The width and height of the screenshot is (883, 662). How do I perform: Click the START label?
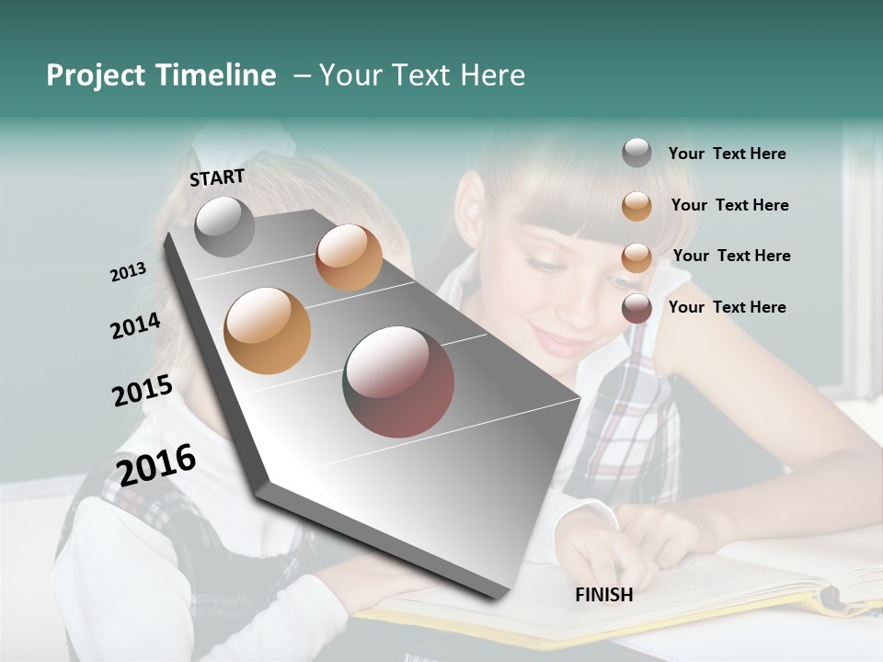[217, 177]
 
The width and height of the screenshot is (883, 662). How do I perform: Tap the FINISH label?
[603, 595]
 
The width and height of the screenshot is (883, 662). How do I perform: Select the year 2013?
[128, 271]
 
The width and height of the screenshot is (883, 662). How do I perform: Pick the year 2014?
[135, 325]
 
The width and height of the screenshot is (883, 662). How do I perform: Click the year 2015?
[143, 391]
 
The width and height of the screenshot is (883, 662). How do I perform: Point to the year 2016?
[156, 464]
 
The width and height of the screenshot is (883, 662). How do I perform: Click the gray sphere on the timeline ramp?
[224, 226]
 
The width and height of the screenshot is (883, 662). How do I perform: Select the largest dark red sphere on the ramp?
[398, 382]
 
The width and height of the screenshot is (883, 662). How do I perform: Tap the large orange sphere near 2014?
[268, 330]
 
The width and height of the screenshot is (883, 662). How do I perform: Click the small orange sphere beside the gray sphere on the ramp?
[349, 257]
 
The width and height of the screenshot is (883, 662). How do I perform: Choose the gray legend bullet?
[636, 153]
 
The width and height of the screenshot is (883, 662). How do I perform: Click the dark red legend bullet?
[636, 308]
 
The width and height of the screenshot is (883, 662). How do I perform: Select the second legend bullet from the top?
[636, 206]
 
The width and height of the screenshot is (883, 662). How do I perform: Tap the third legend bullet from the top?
[636, 257]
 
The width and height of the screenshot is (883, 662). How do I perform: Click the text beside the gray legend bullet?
[727, 154]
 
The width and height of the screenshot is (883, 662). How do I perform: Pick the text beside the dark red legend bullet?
[727, 307]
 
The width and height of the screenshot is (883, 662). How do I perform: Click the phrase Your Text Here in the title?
[422, 75]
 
